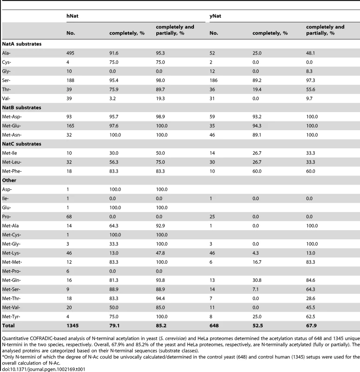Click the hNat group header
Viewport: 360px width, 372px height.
[x=73, y=16]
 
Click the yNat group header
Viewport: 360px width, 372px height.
[x=215, y=16]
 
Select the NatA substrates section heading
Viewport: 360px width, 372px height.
[x=21, y=44]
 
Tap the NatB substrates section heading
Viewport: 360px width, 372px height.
[x=21, y=107]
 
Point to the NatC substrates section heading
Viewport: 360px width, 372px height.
[x=21, y=144]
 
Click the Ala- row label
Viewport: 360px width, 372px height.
[x=6, y=53]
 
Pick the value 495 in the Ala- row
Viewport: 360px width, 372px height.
[x=70, y=53]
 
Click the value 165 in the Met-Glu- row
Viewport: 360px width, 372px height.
[x=70, y=126]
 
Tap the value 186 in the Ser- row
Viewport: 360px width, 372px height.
[x=213, y=80]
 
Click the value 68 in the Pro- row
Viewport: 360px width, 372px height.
[x=69, y=217]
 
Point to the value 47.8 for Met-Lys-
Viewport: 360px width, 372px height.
[x=160, y=253]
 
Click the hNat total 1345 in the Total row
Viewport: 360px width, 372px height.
[x=73, y=325]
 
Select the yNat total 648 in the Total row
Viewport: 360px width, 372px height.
[x=214, y=325]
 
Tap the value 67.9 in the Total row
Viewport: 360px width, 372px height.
[x=311, y=325]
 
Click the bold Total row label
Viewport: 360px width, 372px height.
[x=8, y=325]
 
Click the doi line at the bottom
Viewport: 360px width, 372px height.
[x=44, y=369]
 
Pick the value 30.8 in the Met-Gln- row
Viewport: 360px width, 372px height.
[x=257, y=280]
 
